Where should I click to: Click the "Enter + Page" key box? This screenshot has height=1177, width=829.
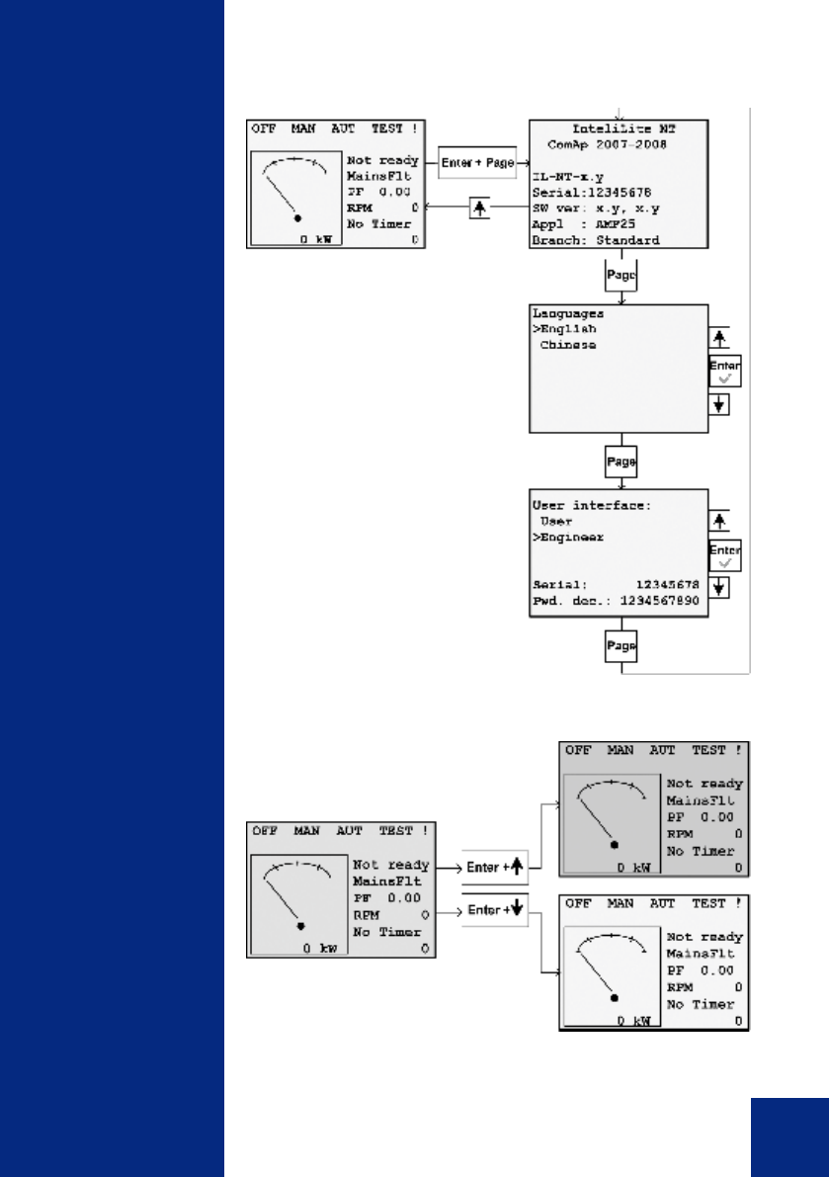tap(478, 163)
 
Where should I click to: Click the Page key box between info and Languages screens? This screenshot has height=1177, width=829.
tap(621, 276)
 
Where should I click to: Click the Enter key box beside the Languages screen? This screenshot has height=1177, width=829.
tap(724, 371)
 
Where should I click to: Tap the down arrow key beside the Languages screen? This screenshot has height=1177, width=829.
tap(719, 405)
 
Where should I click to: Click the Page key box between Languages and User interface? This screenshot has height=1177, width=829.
tap(621, 462)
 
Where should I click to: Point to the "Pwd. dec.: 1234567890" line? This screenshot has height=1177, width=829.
tap(619, 602)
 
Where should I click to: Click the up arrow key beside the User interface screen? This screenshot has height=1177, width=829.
tap(719, 520)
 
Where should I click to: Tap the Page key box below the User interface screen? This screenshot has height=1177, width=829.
tap(621, 646)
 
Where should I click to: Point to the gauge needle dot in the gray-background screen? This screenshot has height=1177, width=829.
tap(616, 846)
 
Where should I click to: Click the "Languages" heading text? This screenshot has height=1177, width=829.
tap(567, 313)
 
